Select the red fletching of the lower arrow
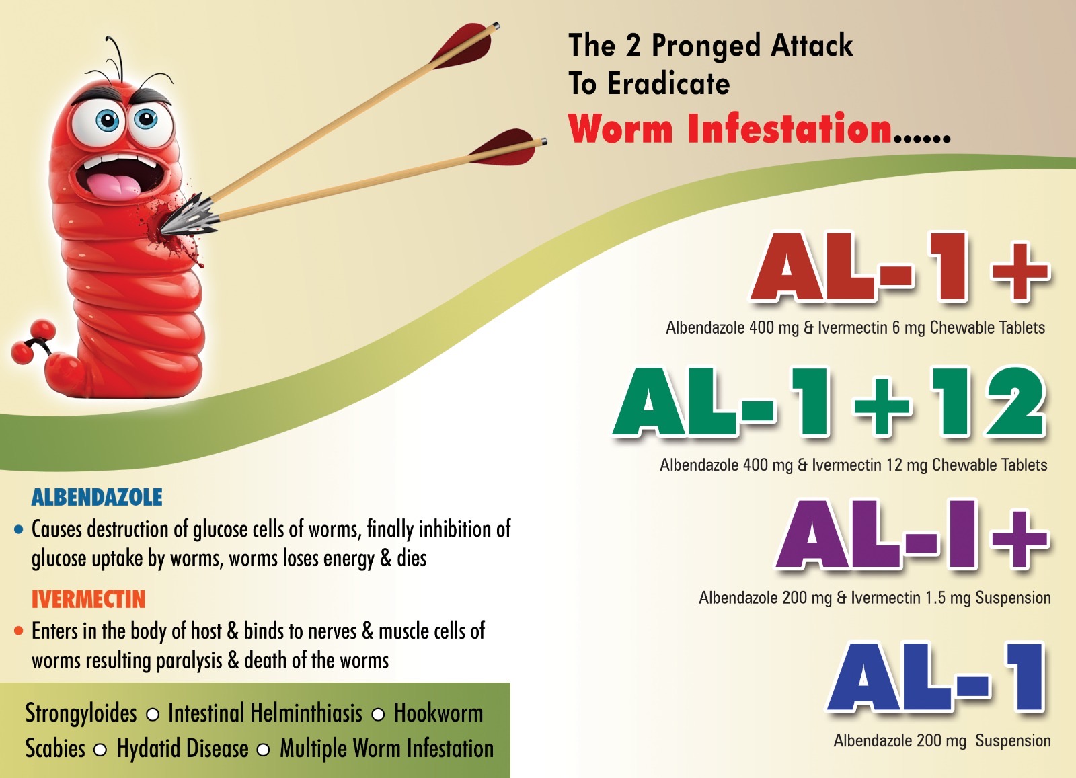504,147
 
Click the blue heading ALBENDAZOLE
97,497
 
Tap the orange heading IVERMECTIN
88,599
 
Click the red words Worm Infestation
730,128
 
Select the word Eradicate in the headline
668,83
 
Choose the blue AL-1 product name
935,678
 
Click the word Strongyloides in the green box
81,713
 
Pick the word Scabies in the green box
54,748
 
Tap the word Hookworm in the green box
438,713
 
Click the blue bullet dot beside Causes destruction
19,530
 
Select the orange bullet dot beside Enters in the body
19,631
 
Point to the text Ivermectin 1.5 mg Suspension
951,598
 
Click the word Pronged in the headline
705,46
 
